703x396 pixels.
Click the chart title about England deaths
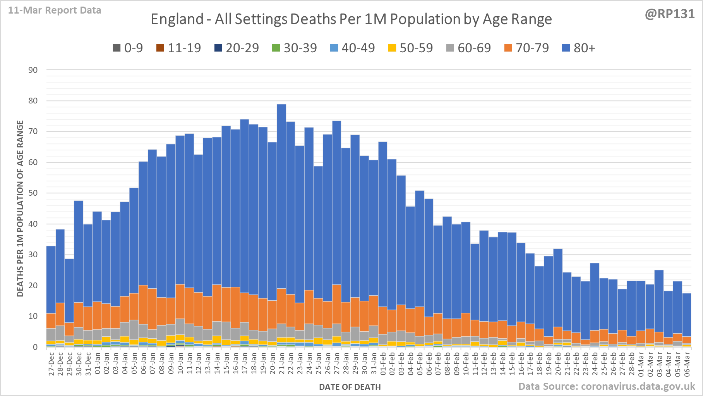point(351,19)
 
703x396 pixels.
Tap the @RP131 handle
point(669,14)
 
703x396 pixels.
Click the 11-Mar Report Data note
point(55,10)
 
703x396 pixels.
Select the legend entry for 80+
point(578,48)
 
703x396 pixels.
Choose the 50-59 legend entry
point(410,48)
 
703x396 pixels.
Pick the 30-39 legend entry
point(295,48)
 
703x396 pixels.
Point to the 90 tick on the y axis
point(33,70)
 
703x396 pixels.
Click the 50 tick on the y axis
point(33,193)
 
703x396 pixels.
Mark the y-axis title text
point(20,208)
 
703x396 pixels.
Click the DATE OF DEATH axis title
point(350,387)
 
